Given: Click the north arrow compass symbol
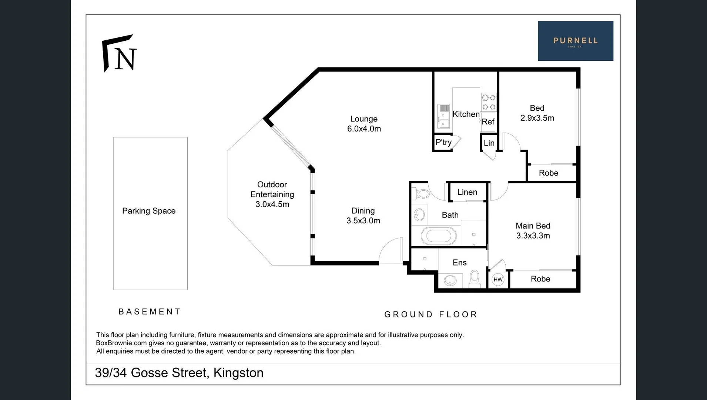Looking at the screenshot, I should click(x=119, y=53).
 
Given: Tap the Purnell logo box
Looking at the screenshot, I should click(x=575, y=41).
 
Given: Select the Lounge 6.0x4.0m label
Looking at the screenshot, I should click(x=364, y=124).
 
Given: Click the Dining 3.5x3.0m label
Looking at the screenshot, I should click(x=363, y=216).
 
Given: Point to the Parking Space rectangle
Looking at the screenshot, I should click(x=150, y=213).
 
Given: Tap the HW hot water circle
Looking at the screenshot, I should click(x=498, y=280).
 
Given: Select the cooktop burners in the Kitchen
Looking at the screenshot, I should click(x=489, y=102).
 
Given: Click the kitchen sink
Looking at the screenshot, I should click(x=443, y=116).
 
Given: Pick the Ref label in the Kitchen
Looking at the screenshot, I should click(x=488, y=122).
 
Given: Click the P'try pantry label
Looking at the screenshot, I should click(x=443, y=142).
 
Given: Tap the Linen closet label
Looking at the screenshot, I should click(x=467, y=192).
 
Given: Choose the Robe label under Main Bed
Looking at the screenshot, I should click(x=540, y=279).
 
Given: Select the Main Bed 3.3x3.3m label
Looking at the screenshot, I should click(x=533, y=231).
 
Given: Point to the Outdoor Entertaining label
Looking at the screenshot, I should click(x=272, y=194).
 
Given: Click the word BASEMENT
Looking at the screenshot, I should click(x=149, y=311).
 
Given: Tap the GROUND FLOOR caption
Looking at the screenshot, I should click(x=431, y=314).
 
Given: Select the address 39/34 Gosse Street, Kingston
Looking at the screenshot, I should click(x=179, y=373).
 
